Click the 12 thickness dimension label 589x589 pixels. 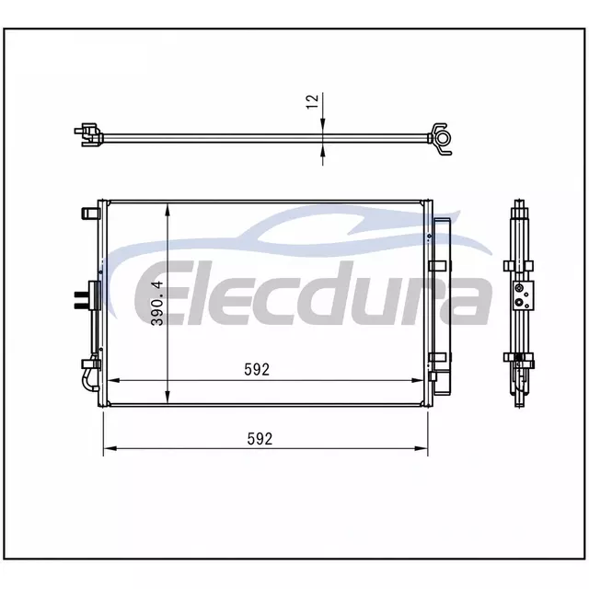[313, 101]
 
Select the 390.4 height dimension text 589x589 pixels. [157, 303]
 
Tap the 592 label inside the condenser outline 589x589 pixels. [257, 370]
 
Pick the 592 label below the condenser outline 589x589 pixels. [260, 439]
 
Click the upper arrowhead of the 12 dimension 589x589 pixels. [323, 125]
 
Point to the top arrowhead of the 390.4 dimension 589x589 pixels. [167, 211]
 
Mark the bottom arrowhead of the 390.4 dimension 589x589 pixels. [167, 397]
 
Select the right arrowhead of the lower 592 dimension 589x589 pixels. [421, 448]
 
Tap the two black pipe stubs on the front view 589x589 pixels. [81, 300]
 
